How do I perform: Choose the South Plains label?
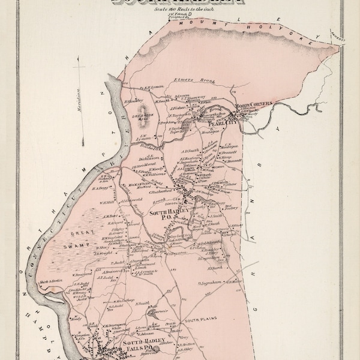coord(196,326)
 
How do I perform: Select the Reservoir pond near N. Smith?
coord(160,313)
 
